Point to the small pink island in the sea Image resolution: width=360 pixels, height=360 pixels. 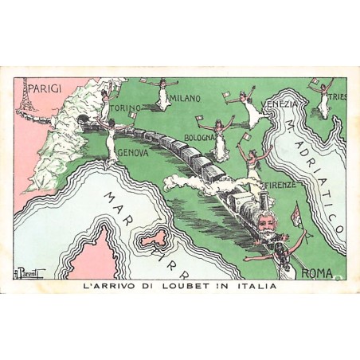click(x=143, y=236)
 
